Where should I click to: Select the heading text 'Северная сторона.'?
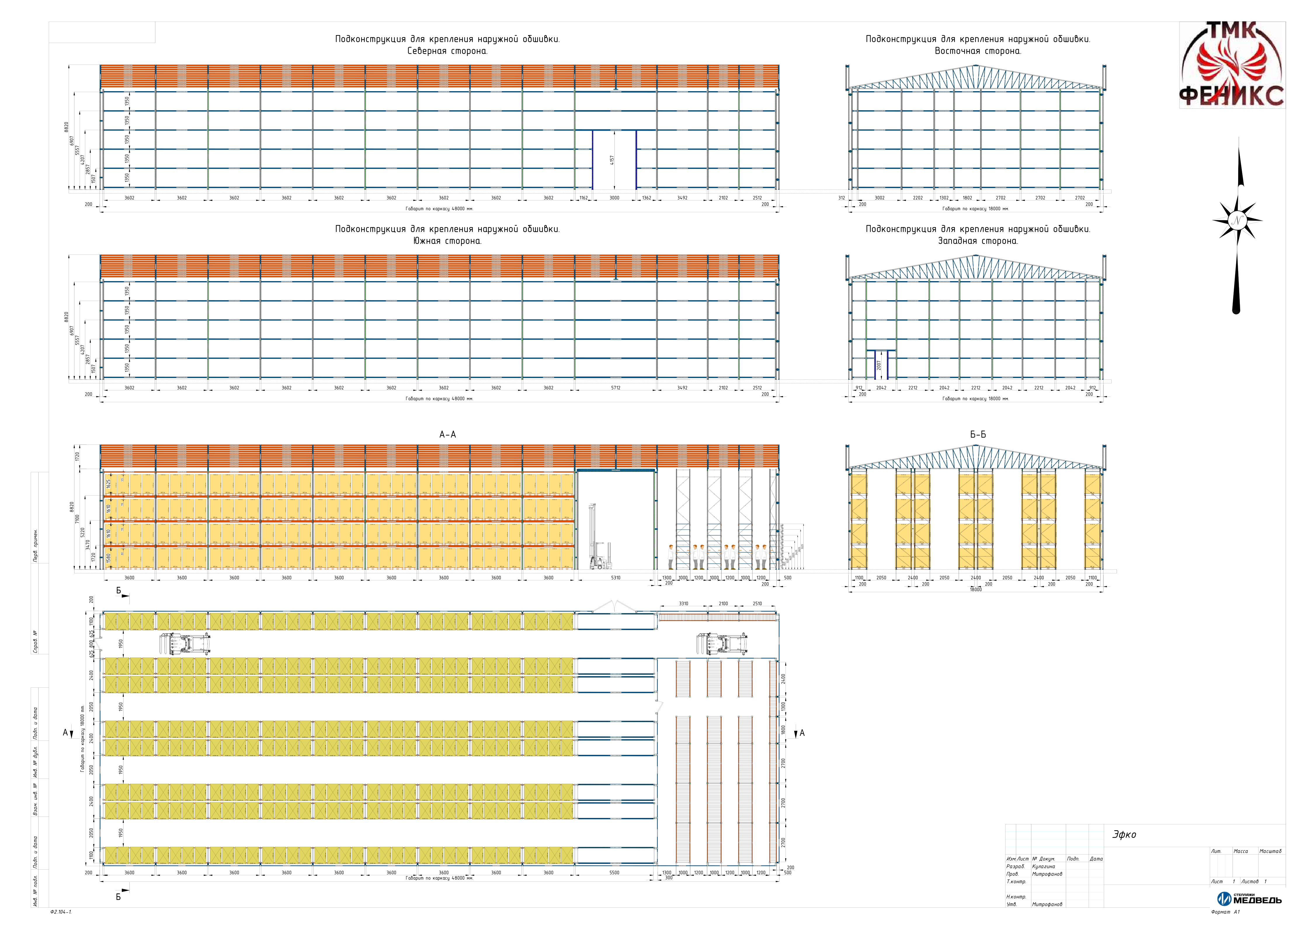pyautogui.click(x=447, y=51)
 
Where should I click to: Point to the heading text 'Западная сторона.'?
pyautogui.click(x=978, y=241)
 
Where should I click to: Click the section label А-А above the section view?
pyautogui.click(x=447, y=435)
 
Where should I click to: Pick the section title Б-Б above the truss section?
pyautogui.click(x=978, y=435)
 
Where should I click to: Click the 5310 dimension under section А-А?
pyautogui.click(x=615, y=578)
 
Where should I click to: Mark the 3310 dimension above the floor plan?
pyautogui.click(x=683, y=603)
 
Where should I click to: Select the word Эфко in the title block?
pyautogui.click(x=1124, y=835)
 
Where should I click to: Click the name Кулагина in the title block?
pyautogui.click(x=1044, y=867)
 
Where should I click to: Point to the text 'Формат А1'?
pyautogui.click(x=1224, y=912)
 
